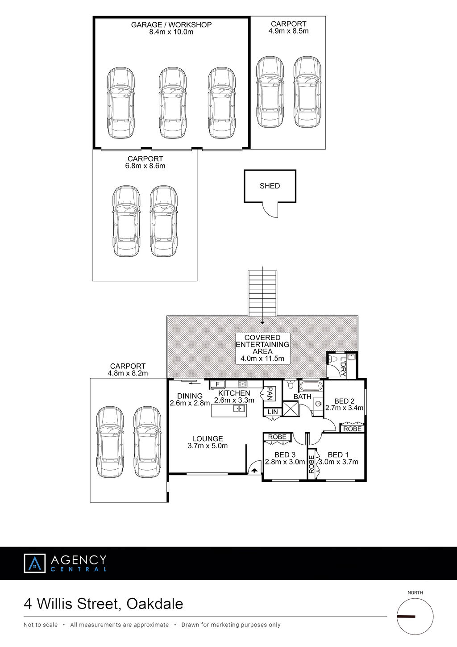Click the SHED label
(270, 186)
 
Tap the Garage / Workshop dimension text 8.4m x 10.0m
(171, 32)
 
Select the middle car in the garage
(172, 103)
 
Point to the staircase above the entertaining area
(262, 293)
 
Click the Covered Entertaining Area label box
(262, 348)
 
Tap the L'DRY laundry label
(343, 367)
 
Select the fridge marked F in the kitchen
(218, 384)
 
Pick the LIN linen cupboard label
(273, 412)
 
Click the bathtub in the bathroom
(311, 386)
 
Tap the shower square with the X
(290, 409)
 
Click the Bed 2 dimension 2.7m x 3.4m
(344, 408)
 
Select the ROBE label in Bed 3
(277, 437)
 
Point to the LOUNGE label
(208, 439)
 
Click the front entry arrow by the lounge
(254, 471)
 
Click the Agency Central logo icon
(35, 563)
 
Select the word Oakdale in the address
(155, 604)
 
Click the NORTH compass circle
(415, 617)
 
